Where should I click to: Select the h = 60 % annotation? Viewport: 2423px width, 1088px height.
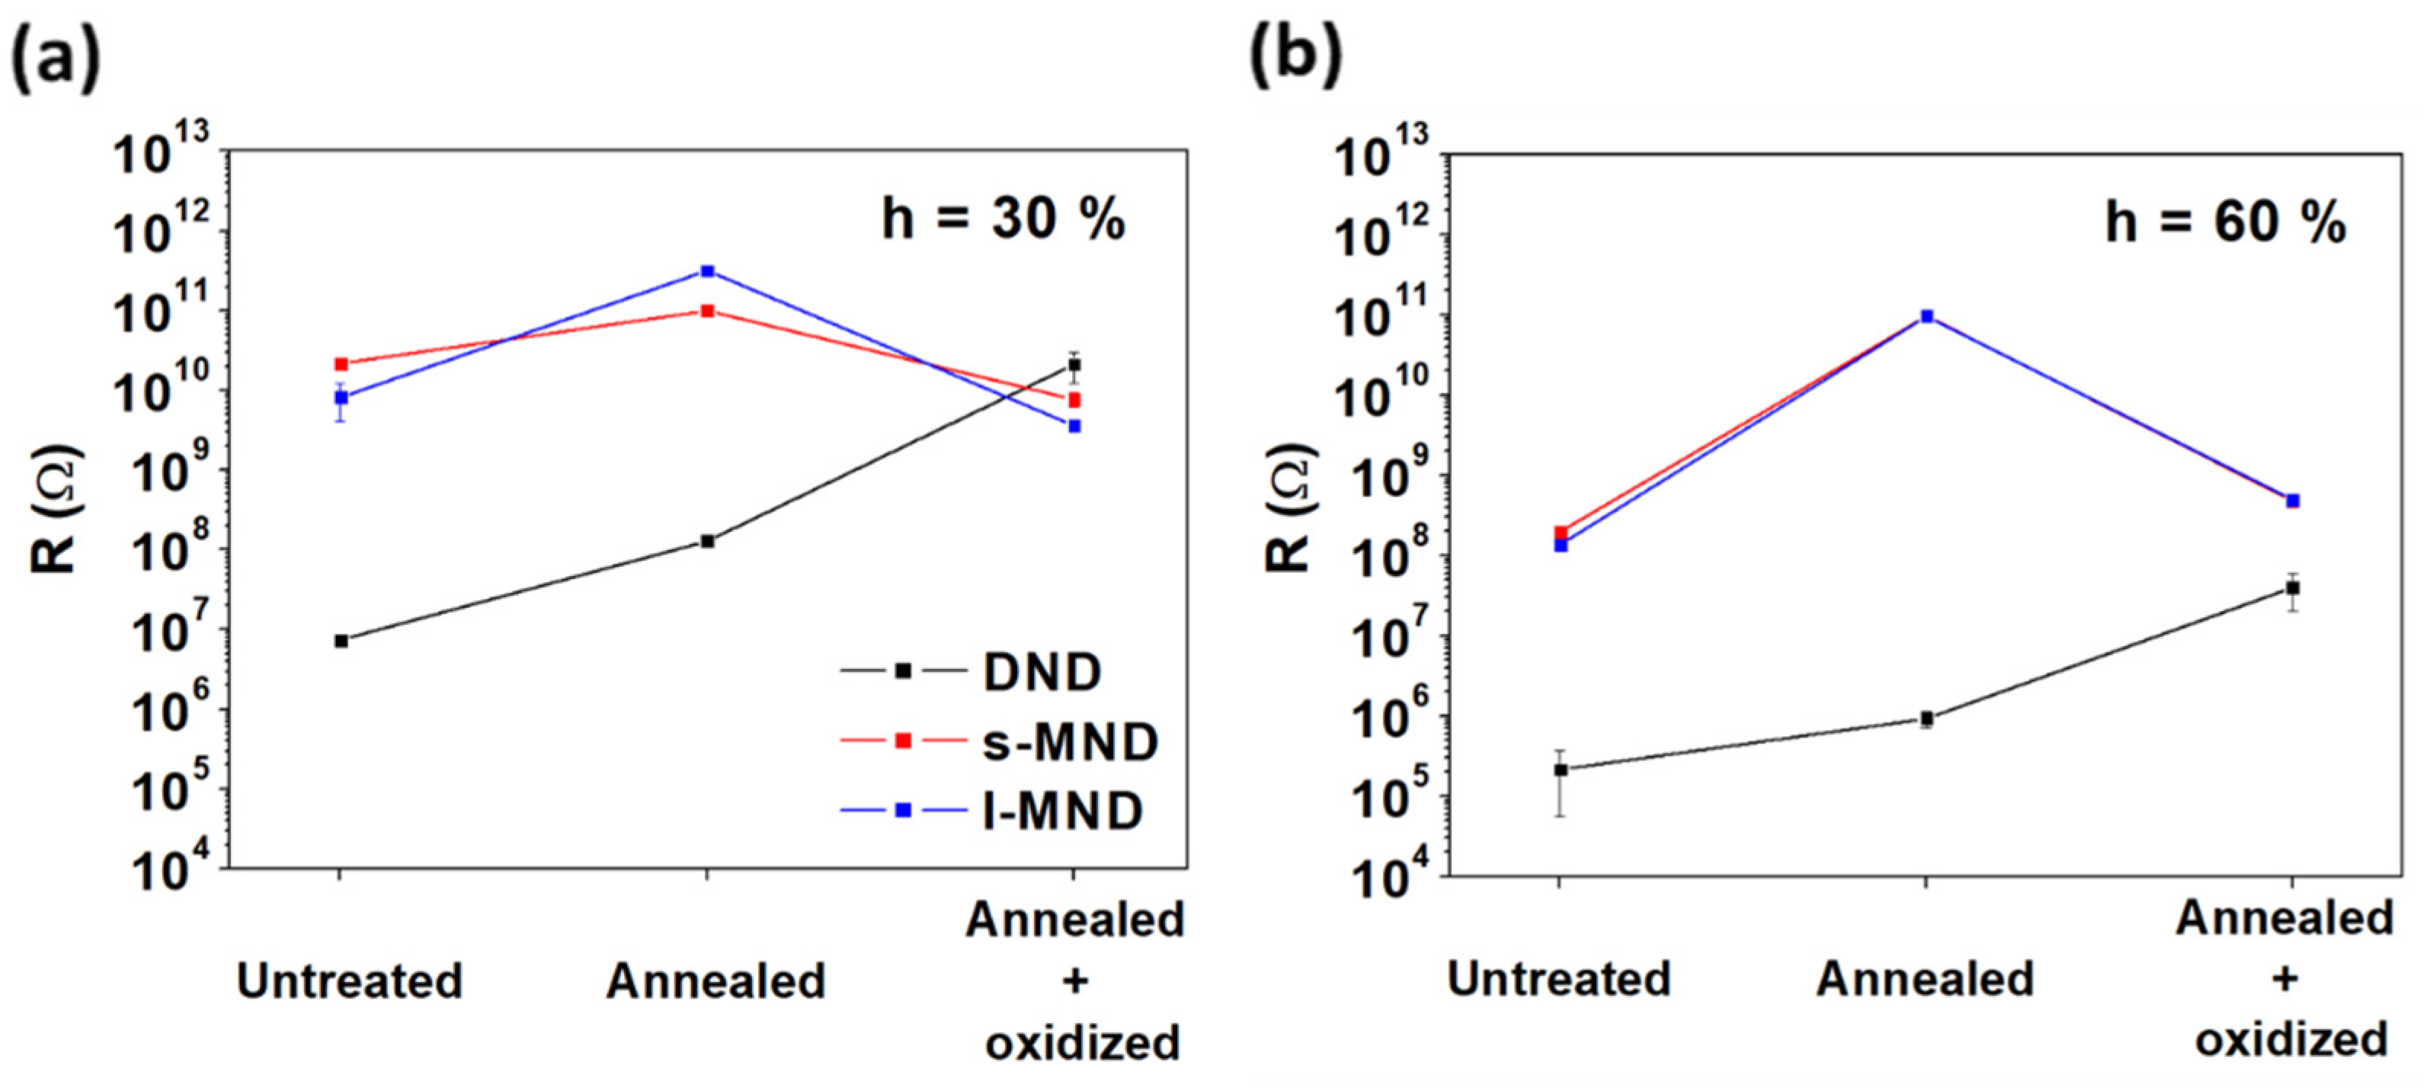point(2226,223)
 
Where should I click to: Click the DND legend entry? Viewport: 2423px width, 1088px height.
point(1042,672)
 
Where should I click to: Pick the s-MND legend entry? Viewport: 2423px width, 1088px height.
point(1070,742)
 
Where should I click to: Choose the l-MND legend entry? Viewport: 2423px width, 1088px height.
point(1062,811)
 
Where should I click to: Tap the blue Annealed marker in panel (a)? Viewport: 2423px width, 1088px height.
point(707,272)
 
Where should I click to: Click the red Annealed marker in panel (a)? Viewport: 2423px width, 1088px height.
point(707,312)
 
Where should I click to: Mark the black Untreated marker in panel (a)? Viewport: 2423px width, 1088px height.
point(341,642)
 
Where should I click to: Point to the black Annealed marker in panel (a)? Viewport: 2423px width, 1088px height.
point(707,542)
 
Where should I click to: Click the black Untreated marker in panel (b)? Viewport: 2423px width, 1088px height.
point(1560,770)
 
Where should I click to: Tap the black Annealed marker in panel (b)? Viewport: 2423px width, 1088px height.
point(1926,719)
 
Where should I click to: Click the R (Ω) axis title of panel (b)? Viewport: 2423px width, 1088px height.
point(1292,507)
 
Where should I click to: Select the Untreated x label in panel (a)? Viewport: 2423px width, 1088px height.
point(349,981)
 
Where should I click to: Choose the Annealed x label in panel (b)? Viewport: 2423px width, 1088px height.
point(1925,979)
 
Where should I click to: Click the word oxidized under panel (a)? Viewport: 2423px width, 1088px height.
point(1082,1043)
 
